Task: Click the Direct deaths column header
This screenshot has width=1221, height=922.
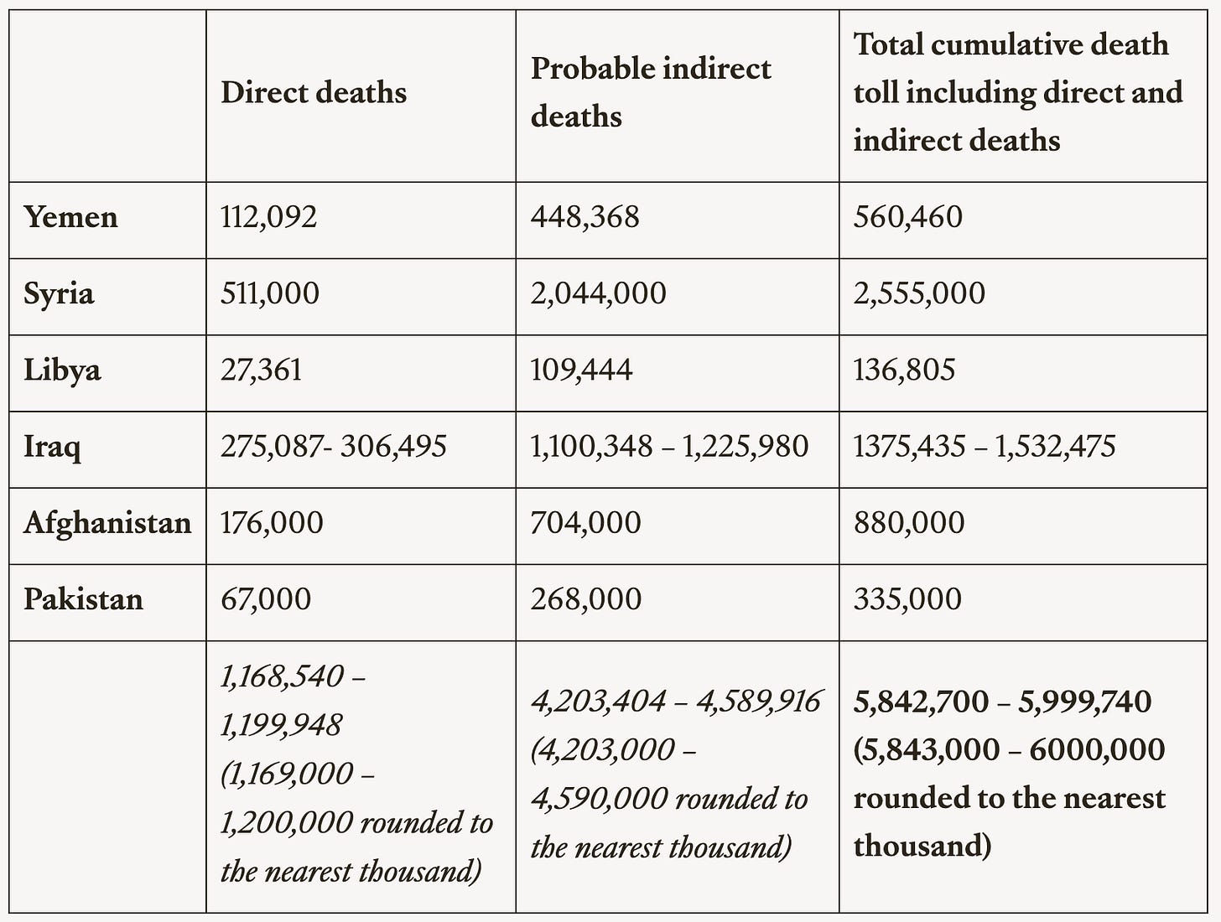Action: tap(314, 92)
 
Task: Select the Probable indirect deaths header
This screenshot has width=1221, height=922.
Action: tap(650, 92)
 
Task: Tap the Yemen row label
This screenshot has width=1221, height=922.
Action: tap(70, 218)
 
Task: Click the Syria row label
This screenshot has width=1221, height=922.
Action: tap(59, 294)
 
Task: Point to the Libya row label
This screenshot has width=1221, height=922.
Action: tap(62, 370)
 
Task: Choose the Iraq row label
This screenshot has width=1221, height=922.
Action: tap(52, 447)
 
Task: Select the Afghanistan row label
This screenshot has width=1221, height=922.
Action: tap(107, 523)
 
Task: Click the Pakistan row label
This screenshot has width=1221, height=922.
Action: tap(83, 599)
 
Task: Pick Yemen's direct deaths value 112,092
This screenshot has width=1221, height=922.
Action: tap(268, 218)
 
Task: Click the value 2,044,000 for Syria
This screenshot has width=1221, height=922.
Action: tap(598, 294)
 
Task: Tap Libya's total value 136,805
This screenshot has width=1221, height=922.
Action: tap(904, 370)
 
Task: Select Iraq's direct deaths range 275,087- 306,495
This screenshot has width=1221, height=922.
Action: tap(333, 447)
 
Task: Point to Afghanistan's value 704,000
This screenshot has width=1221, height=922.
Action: tap(585, 523)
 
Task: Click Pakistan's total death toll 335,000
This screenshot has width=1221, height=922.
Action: tap(907, 599)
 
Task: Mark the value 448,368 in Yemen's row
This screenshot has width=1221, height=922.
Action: tap(585, 218)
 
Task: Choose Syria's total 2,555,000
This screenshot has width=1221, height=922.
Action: tap(919, 294)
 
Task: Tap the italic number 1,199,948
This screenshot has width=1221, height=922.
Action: tap(281, 725)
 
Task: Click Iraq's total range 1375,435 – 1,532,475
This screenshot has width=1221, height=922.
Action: tap(985, 447)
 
